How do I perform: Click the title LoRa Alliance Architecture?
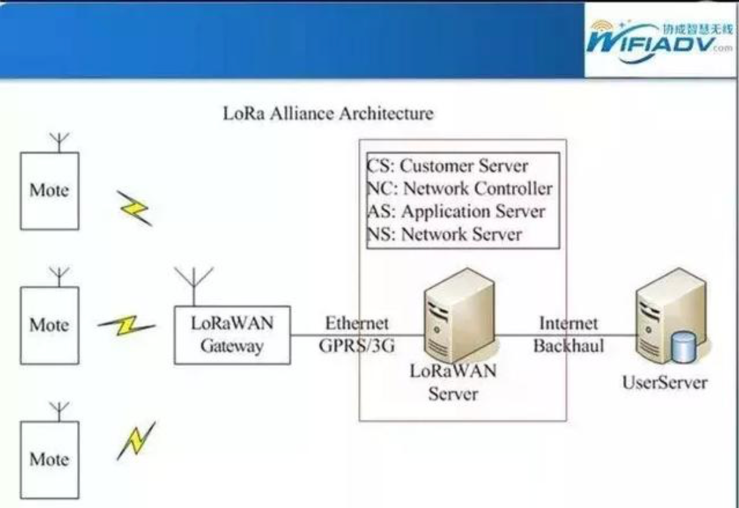click(x=328, y=113)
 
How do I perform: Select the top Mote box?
click(x=50, y=191)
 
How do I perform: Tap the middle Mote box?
click(x=50, y=326)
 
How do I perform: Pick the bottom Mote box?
click(x=50, y=460)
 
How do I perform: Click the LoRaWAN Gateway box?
click(x=232, y=335)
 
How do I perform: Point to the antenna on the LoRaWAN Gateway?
click(x=194, y=286)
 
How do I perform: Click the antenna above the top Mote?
click(x=59, y=142)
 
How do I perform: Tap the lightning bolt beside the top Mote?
click(x=135, y=209)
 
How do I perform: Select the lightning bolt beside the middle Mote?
click(x=127, y=326)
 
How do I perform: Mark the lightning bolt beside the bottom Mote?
click(x=136, y=441)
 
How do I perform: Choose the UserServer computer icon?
click(x=673, y=315)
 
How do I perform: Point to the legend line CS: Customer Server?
click(x=448, y=165)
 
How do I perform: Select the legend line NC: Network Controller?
click(x=460, y=189)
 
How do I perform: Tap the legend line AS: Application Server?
click(x=456, y=211)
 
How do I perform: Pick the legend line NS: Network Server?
click(x=445, y=234)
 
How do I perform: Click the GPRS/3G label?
click(x=357, y=346)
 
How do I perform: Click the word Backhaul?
click(x=569, y=346)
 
